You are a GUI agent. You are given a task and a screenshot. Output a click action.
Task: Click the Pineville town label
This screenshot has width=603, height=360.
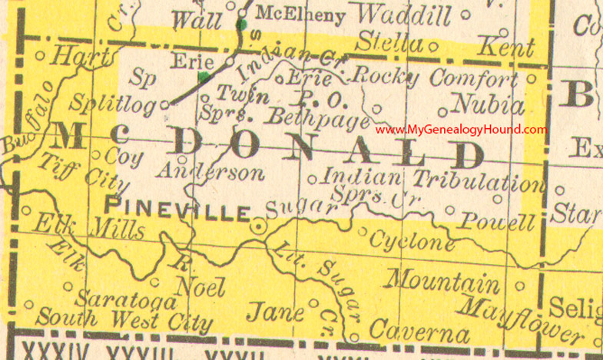coord(177,209)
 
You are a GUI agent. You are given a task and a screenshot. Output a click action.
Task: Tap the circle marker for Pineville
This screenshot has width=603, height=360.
coord(260,226)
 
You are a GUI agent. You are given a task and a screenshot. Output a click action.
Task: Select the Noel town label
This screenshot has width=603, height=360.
coord(200,286)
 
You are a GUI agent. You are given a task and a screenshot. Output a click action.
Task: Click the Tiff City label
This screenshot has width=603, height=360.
coord(84,173)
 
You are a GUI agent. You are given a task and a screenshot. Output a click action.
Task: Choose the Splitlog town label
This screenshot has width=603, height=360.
coord(111,101)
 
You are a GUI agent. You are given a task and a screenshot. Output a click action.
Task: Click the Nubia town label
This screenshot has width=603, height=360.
coord(489,104)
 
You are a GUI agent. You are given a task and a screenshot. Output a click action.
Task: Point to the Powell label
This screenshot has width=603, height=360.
coord(497,223)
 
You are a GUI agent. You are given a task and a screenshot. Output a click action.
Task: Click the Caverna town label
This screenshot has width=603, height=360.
coord(419,332)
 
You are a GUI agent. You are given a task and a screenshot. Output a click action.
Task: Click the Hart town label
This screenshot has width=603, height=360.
coord(81,55)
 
